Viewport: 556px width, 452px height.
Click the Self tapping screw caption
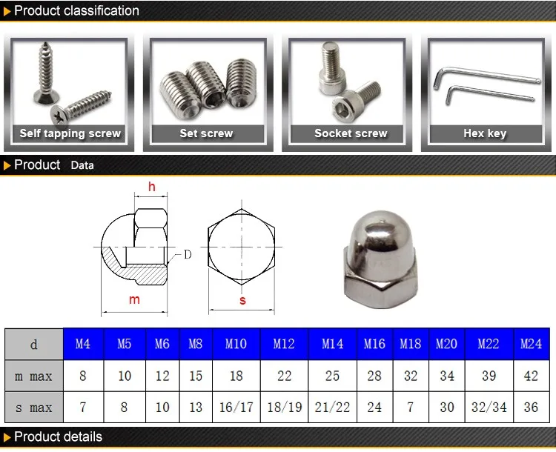click(70, 133)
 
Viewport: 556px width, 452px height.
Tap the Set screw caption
click(206, 133)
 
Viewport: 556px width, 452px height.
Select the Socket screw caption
click(351, 133)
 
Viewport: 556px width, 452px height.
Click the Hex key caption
click(485, 133)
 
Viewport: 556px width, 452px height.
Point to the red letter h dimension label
click(152, 187)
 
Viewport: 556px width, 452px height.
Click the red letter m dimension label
click(134, 299)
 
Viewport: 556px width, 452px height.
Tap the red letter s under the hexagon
click(242, 300)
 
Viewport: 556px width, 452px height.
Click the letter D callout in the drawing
click(187, 254)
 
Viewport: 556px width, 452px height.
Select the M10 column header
click(236, 344)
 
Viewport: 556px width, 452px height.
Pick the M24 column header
click(531, 344)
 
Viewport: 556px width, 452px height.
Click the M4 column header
click(83, 344)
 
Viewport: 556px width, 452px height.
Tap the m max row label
click(33, 376)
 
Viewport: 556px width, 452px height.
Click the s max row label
click(33, 408)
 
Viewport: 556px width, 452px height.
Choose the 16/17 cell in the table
click(236, 408)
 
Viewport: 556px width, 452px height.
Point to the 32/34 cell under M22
click(489, 408)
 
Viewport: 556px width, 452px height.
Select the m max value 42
click(531, 376)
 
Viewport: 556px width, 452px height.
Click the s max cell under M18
click(411, 408)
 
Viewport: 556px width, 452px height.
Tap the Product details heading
click(58, 436)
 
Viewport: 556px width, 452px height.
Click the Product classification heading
click(76, 10)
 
